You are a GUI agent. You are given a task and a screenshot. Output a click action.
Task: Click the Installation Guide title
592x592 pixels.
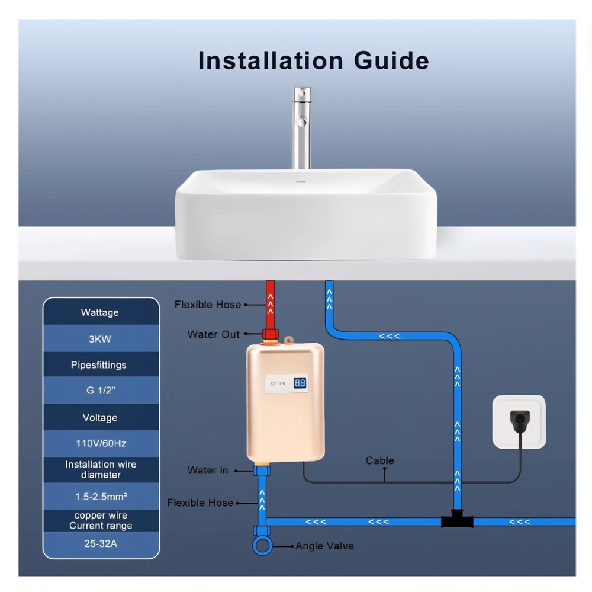[313, 61]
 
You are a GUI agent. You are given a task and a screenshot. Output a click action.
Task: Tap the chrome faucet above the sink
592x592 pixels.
[302, 127]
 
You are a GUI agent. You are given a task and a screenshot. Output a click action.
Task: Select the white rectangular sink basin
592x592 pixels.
[305, 213]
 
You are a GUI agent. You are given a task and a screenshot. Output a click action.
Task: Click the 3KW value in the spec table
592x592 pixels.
[100, 340]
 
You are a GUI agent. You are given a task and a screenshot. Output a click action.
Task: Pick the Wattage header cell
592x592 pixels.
[100, 312]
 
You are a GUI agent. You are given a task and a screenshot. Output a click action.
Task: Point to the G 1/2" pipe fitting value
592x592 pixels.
[100, 391]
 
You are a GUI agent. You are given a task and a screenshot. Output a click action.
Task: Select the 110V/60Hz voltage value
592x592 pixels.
[100, 443]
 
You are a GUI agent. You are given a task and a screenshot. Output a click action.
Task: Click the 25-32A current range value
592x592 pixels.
[100, 543]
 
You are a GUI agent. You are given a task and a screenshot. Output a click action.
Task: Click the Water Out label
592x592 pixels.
[213, 334]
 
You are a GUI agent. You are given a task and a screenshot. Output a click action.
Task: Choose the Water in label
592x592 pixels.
[207, 470]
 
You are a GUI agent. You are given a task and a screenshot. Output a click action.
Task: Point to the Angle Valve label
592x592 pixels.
[324, 546]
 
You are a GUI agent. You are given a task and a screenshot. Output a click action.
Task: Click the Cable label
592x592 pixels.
[379, 460]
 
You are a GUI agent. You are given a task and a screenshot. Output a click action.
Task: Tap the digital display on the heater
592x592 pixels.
[300, 383]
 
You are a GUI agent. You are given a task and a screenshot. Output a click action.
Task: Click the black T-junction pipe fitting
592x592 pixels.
[457, 520]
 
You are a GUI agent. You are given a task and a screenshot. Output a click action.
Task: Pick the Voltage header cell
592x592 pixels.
[100, 417]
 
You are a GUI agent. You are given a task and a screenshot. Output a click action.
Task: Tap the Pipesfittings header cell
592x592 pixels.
[100, 365]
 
